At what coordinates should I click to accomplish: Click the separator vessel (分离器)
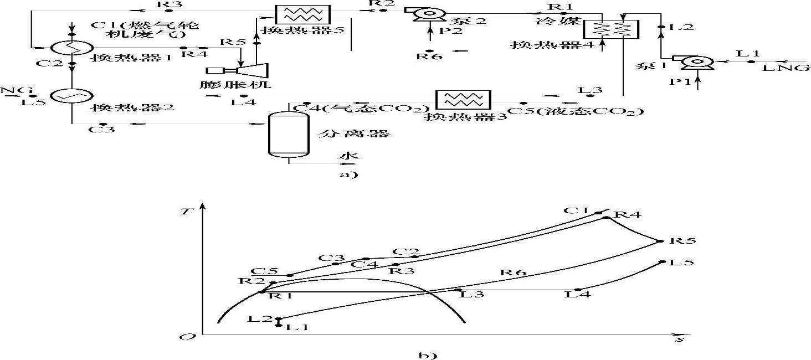pos(289,135)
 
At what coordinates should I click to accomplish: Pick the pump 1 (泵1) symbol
pos(692,63)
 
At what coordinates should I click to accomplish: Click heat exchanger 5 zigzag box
pos(302,14)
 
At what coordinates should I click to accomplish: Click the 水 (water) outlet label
pos(345,156)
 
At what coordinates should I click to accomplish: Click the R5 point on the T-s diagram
pos(660,241)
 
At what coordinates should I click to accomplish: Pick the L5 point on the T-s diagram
pos(662,262)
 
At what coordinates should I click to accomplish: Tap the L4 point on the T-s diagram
pos(578,290)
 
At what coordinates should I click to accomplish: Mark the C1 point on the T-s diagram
pos(598,213)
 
